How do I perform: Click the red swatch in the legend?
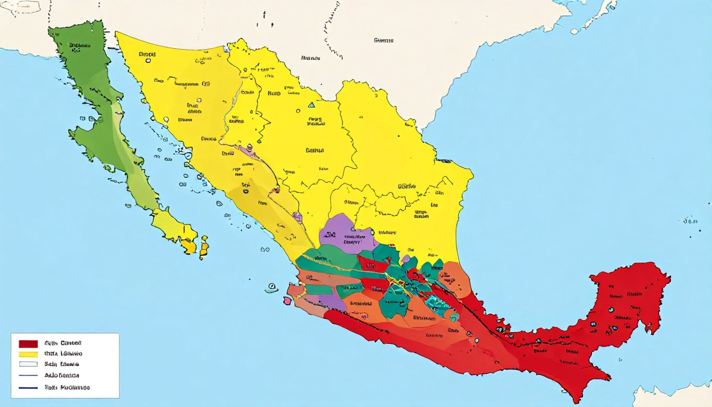point(28,343)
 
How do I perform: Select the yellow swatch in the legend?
point(28,354)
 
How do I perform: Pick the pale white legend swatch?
point(28,364)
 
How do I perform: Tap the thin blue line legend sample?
point(28,375)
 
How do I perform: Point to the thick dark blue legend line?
point(28,387)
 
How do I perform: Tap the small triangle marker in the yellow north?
point(311,105)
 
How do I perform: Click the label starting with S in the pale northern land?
point(383,40)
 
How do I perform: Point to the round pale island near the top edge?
point(575,31)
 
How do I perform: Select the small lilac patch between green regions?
point(405,260)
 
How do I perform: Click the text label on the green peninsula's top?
point(79,48)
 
